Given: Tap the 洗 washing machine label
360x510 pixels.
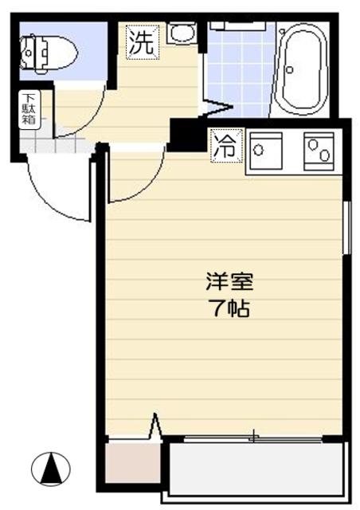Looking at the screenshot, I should click(142, 43).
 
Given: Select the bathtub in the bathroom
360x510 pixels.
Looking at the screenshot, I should click(302, 69).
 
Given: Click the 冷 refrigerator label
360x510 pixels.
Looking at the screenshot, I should click(225, 147).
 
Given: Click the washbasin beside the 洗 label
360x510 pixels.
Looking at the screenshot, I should click(182, 33).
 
